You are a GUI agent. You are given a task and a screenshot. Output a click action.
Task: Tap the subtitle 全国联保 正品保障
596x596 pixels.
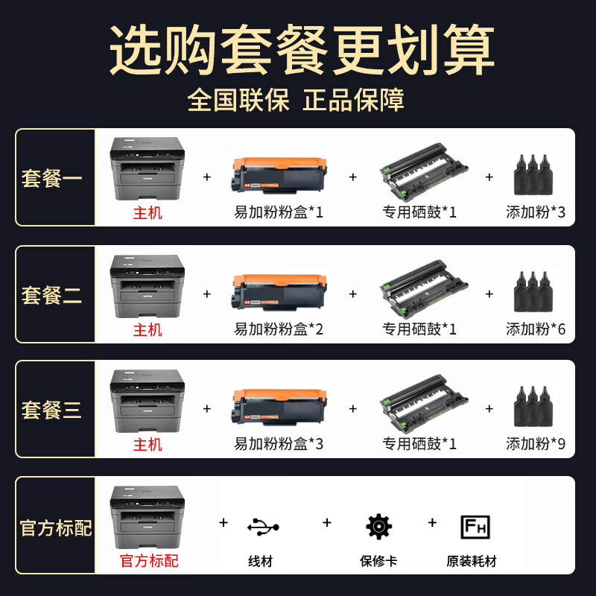click(296, 100)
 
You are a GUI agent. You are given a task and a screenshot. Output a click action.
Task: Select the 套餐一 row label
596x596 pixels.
click(51, 178)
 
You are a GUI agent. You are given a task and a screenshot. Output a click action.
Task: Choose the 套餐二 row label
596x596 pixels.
click(51, 295)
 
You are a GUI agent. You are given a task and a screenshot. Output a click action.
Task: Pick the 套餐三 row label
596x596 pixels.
click(51, 410)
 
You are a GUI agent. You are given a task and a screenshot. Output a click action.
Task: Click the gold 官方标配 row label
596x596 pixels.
click(56, 527)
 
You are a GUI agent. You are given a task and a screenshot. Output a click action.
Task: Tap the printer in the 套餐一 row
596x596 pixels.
click(147, 168)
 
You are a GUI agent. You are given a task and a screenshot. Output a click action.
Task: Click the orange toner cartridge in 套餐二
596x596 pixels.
click(279, 292)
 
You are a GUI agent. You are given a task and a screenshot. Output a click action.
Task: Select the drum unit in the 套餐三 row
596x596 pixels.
click(423, 404)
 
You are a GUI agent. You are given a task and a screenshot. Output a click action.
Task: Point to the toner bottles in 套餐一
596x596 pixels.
click(533, 174)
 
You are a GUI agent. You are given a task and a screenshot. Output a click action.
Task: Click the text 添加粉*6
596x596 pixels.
click(536, 329)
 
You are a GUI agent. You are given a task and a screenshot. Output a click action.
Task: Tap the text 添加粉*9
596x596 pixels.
click(536, 443)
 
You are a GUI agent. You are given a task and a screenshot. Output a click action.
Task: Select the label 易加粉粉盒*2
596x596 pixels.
click(279, 329)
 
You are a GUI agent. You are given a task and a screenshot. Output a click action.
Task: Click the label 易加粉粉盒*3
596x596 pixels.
click(279, 443)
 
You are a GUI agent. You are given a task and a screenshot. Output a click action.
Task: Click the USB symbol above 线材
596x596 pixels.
click(263, 527)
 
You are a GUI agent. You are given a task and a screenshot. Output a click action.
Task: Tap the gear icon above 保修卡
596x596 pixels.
click(378, 527)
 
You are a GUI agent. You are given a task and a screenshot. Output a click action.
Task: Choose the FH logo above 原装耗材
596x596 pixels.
click(475, 527)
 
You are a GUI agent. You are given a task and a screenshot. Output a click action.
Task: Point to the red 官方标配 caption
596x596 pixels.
click(149, 561)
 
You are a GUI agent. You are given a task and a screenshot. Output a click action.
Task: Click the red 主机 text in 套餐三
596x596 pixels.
click(148, 444)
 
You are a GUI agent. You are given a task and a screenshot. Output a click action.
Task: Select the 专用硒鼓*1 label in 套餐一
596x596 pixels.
click(419, 212)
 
